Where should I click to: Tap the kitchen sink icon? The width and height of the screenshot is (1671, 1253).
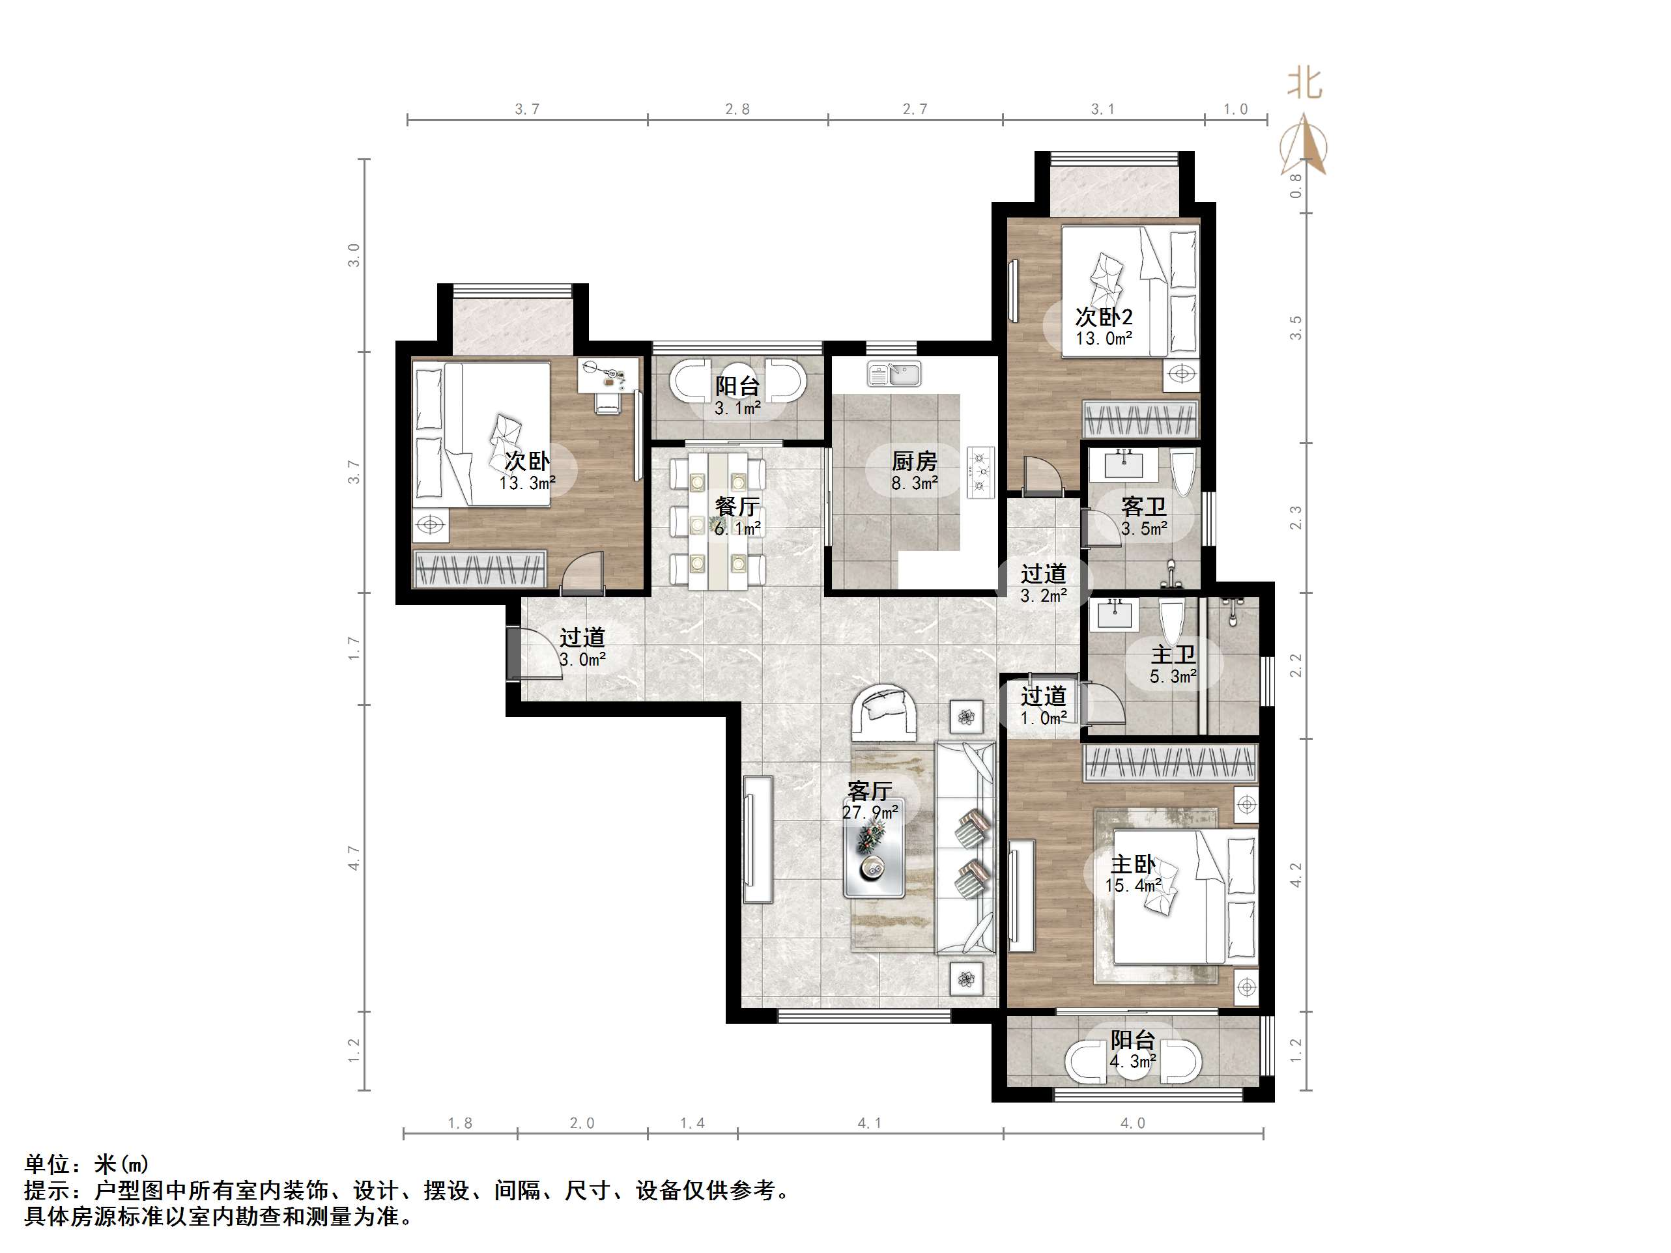click(894, 373)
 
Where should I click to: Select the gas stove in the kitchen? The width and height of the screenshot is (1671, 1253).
click(980, 473)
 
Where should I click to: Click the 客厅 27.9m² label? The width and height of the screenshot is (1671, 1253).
click(870, 800)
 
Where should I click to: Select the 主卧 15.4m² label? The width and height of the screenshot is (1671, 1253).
click(1132, 874)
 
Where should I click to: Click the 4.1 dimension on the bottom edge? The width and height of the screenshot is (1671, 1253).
click(870, 1123)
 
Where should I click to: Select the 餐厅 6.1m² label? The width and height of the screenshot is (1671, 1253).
click(737, 516)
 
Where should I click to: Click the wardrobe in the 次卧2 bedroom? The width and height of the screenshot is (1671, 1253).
click(1141, 421)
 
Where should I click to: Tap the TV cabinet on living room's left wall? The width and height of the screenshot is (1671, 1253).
click(758, 839)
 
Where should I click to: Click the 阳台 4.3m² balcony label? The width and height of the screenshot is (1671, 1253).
click(1132, 1050)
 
